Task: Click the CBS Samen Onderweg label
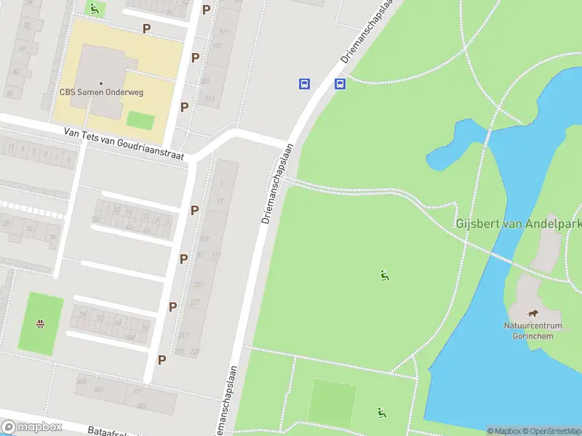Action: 101,93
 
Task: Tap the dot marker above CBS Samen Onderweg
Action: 101,84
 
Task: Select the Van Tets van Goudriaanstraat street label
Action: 124,144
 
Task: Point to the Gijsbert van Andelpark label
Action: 519,224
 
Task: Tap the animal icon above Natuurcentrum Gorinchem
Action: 533,313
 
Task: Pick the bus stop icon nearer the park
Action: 340,84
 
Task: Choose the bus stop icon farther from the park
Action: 304,84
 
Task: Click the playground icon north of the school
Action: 94,9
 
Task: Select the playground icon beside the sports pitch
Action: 381,413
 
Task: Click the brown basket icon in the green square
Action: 41,323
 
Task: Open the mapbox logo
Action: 31,427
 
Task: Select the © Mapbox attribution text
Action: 504,431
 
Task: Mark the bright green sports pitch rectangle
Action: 332,401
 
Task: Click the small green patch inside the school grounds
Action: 140,120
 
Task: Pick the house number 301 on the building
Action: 99,389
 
